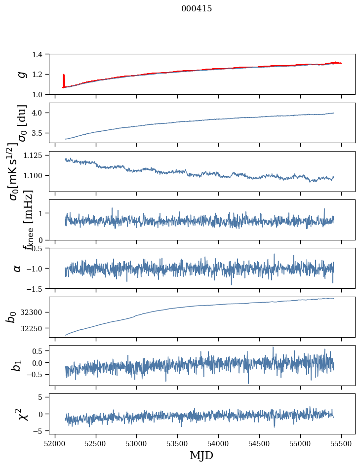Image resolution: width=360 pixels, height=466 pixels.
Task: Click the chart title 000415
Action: click(x=197, y=9)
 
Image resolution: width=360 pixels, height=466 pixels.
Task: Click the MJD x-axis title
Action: click(x=201, y=456)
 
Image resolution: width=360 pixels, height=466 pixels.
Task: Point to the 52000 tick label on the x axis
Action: click(x=55, y=443)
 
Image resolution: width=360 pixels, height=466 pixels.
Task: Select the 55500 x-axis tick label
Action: click(x=342, y=443)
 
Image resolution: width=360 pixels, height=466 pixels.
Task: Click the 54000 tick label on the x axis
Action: click(x=219, y=443)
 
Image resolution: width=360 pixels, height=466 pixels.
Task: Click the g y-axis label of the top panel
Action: click(x=21, y=74)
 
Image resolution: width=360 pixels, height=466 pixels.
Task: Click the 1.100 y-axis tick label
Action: click(x=36, y=176)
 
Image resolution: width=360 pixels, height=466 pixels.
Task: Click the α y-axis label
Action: click(x=17, y=268)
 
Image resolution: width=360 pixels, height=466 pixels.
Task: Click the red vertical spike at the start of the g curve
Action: click(x=64, y=80)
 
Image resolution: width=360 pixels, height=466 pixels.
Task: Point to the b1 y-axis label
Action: click(x=16, y=365)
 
